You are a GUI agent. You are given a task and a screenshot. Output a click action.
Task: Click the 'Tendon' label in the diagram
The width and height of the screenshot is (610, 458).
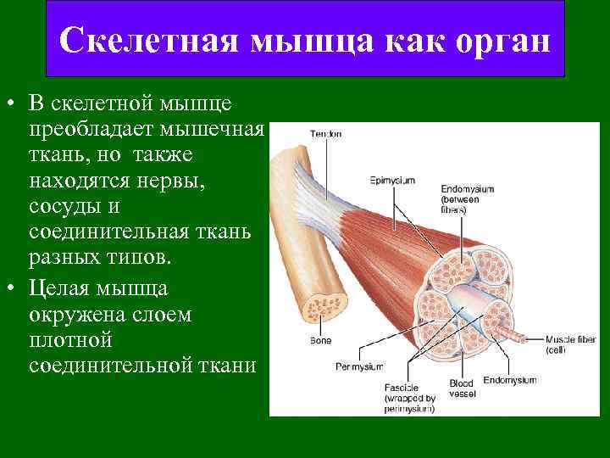click(x=325, y=134)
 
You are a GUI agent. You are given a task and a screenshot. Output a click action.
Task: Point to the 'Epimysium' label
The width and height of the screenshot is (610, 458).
click(x=391, y=180)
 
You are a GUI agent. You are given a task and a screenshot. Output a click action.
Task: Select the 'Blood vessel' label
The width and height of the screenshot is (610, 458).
click(x=462, y=388)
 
